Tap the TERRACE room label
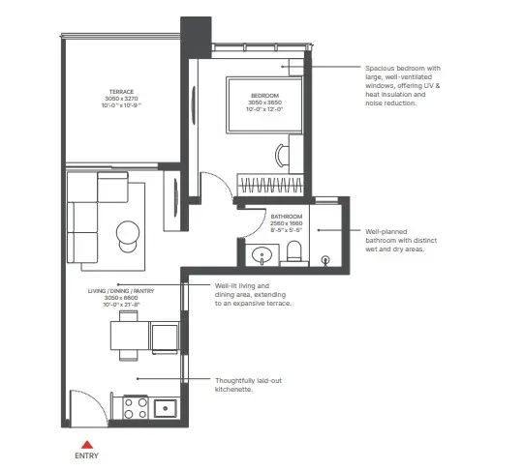click(x=123, y=93)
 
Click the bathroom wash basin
click(x=259, y=256)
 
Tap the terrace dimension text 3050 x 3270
click(x=123, y=100)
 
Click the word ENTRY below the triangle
click(x=84, y=455)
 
